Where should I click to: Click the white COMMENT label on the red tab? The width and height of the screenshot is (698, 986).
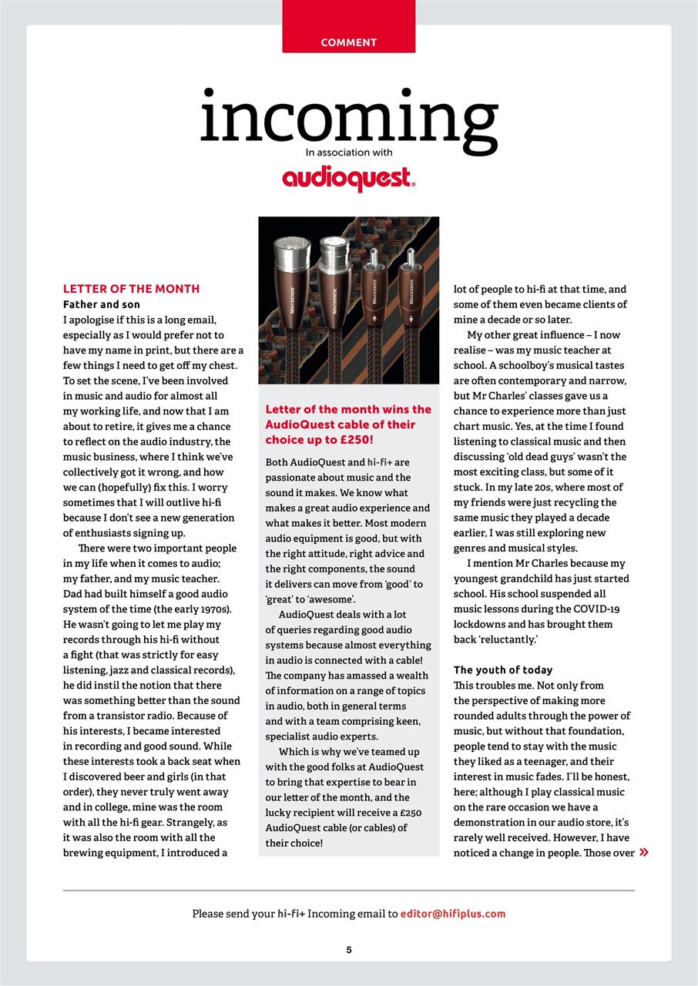click(x=348, y=42)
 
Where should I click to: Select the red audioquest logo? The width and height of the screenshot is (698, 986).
click(x=348, y=179)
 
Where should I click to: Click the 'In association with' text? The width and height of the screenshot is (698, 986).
click(x=349, y=153)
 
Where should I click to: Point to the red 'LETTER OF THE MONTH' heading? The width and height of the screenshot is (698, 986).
click(x=131, y=289)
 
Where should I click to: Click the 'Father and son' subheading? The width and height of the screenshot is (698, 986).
click(x=101, y=304)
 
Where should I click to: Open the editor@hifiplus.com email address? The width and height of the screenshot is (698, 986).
click(x=453, y=914)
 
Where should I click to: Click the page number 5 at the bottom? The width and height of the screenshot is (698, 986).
click(x=349, y=950)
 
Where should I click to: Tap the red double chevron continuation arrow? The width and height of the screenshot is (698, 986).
click(x=644, y=853)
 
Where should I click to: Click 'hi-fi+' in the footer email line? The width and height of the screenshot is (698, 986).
click(x=291, y=914)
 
